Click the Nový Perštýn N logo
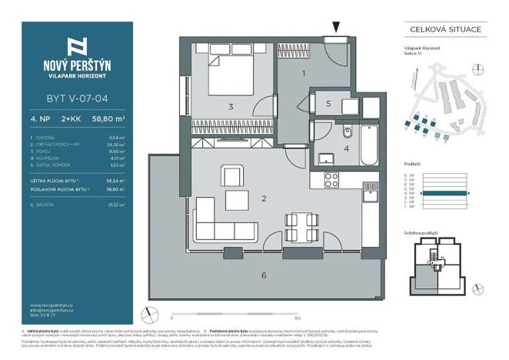pyautogui.click(x=76, y=45)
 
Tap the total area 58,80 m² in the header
pyautogui.click(x=108, y=119)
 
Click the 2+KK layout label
pyautogui.click(x=75, y=119)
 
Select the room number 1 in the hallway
pyautogui.click(x=304, y=75)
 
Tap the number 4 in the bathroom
pyautogui.click(x=346, y=148)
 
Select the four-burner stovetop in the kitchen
pyautogui.click(x=332, y=181)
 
